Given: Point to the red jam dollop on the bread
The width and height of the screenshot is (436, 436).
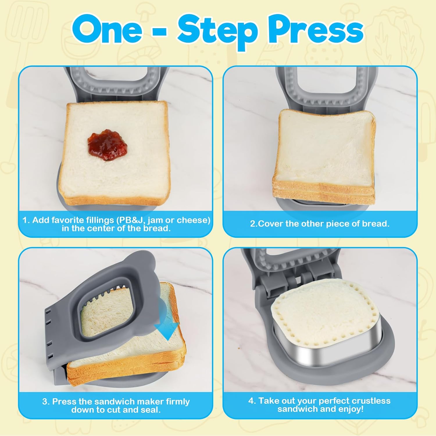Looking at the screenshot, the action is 107,146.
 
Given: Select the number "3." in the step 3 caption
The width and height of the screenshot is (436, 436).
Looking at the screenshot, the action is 46,402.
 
